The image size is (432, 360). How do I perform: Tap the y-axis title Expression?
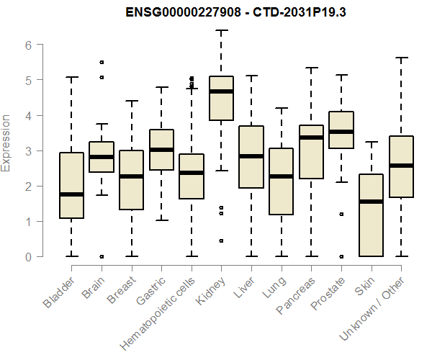[6, 143]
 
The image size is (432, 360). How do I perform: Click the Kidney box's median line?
[221, 91]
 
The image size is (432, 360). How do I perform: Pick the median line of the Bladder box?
[71, 194]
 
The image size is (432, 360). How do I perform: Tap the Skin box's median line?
[371, 201]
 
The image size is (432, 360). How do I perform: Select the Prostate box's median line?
[341, 132]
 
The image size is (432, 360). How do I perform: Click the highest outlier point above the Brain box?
[102, 63]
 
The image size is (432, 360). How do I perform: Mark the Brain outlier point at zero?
[102, 256]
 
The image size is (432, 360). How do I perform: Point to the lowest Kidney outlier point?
[221, 240]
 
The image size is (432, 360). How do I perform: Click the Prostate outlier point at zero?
[341, 256]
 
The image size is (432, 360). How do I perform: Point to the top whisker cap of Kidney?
[221, 31]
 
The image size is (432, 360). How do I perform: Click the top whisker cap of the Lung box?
[281, 108]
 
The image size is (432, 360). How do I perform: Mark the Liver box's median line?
[251, 156]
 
